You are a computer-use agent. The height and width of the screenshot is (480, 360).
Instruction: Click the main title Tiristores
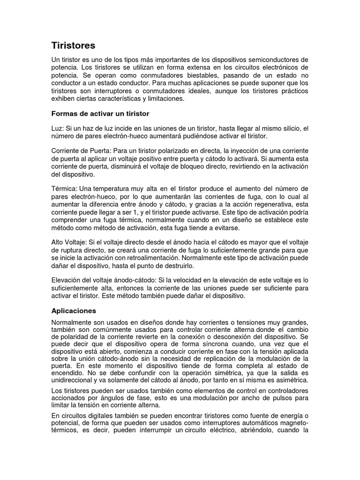point(73,45)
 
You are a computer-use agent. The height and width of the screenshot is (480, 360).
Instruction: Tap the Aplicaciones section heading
point(73,310)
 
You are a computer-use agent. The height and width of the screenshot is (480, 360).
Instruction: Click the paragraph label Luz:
point(57,128)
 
